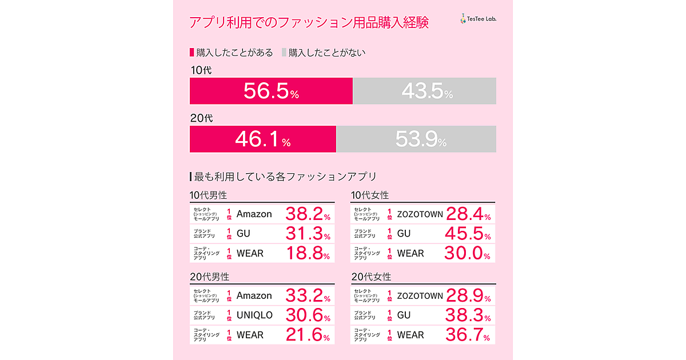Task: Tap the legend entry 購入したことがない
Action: click(324, 53)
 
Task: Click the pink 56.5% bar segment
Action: click(271, 91)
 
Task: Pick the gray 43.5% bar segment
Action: click(424, 91)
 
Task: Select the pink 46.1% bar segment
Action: click(263, 140)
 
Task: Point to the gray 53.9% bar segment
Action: click(416, 140)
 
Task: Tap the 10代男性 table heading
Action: click(210, 195)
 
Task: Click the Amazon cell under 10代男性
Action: click(254, 214)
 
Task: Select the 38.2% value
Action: click(308, 214)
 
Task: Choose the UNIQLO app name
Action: click(254, 315)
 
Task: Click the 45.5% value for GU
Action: click(468, 234)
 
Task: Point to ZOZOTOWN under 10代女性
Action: click(420, 214)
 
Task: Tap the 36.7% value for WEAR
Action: click(468, 335)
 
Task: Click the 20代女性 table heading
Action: click(372, 277)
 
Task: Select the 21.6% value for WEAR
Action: click(308, 335)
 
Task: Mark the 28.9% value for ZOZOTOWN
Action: click(468, 296)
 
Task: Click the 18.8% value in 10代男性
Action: click(308, 253)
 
